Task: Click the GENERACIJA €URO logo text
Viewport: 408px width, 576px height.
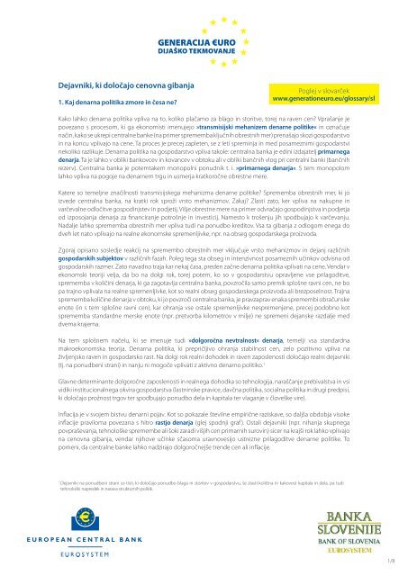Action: point(203,41)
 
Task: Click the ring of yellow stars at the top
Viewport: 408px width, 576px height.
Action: point(203,16)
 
